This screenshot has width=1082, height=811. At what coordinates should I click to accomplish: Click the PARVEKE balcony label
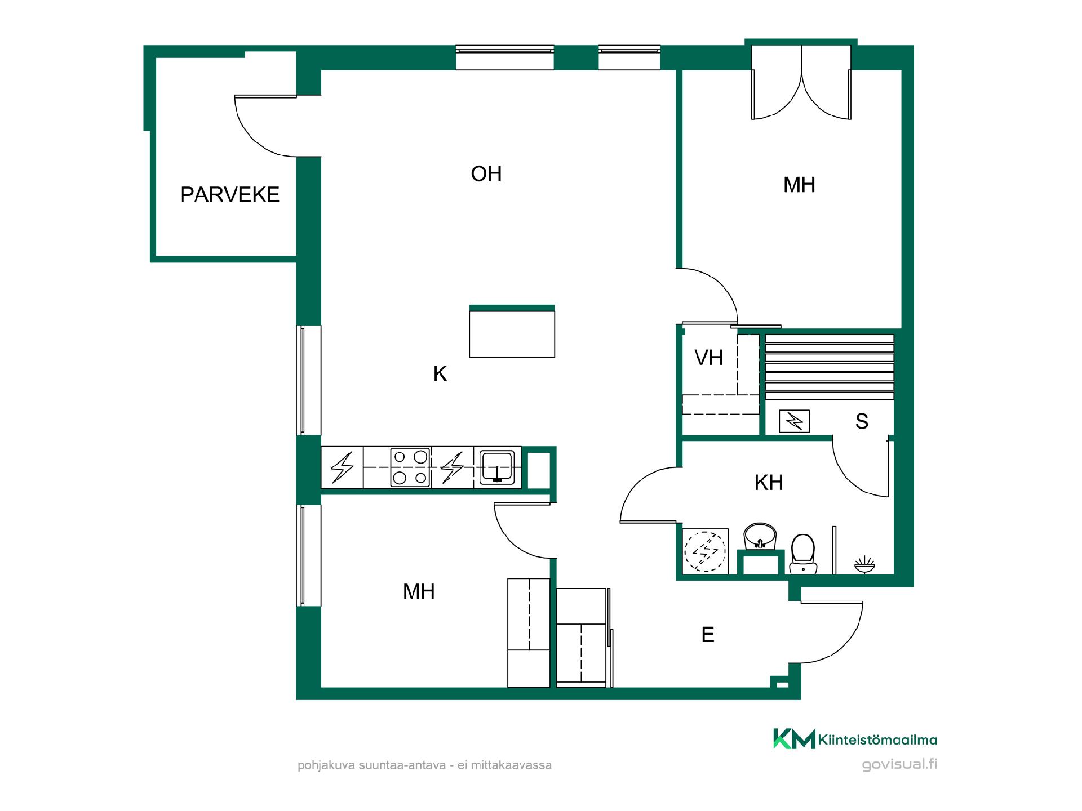[230, 194]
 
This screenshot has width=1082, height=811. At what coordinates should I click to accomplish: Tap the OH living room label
[486, 174]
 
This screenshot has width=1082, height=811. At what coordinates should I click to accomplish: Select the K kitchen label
[440, 373]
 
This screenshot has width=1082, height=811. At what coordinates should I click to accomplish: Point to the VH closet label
[709, 358]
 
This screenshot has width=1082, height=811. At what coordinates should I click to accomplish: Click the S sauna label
[862, 421]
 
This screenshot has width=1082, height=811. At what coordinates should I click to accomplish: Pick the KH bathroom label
[769, 483]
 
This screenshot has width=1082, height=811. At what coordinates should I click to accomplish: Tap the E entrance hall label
[708, 635]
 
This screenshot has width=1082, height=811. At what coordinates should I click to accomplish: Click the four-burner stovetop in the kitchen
[410, 467]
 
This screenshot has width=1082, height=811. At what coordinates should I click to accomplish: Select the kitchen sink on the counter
[496, 467]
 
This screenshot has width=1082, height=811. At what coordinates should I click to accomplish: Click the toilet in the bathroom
[803, 554]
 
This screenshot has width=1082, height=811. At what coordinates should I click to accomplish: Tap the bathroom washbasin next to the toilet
[760, 537]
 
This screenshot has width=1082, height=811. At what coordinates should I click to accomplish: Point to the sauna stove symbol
[794, 421]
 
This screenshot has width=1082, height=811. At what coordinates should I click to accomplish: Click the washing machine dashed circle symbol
[705, 551]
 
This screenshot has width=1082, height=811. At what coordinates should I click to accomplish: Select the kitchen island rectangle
[512, 331]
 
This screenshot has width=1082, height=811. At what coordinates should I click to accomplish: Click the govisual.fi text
[900, 765]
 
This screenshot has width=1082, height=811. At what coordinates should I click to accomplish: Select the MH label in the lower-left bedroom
[419, 591]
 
